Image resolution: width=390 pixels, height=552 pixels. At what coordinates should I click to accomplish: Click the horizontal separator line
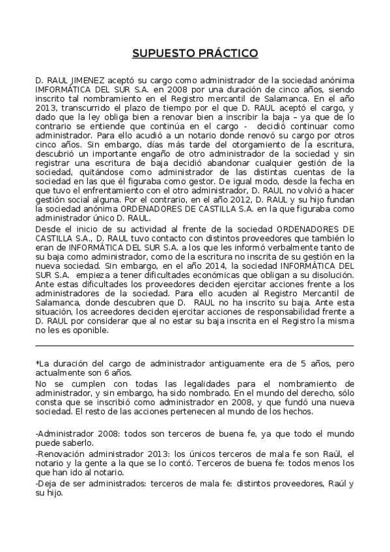(x=195, y=345)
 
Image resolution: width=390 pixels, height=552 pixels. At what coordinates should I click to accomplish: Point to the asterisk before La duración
(x=37, y=361)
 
